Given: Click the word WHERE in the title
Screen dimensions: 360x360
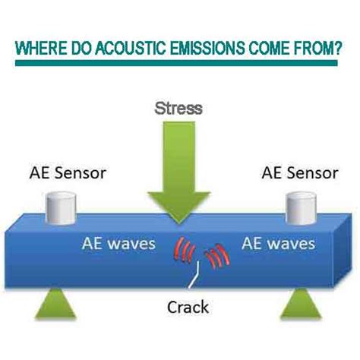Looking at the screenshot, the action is click(41, 48).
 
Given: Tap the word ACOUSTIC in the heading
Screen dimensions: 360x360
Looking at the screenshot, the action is click(131, 48).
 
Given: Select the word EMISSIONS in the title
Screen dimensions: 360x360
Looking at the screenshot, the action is click(207, 48).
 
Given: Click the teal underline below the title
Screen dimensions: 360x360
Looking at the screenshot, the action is click(176, 63).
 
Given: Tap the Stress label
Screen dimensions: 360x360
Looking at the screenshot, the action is click(178, 109).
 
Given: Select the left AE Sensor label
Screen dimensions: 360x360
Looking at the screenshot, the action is click(68, 173).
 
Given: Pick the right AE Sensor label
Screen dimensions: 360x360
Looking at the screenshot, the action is click(300, 173).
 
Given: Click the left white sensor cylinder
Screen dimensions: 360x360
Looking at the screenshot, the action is click(61, 208).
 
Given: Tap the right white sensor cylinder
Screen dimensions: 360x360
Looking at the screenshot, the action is click(302, 208).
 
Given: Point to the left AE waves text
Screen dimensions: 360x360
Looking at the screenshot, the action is click(118, 244).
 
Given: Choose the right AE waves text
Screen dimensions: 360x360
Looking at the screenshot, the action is click(279, 244).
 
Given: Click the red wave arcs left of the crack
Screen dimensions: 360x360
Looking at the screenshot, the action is click(184, 249).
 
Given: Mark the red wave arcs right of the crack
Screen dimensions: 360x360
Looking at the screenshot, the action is click(217, 256).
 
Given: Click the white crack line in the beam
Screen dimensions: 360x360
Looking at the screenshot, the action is click(195, 275).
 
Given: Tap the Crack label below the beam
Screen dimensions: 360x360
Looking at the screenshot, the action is click(188, 307).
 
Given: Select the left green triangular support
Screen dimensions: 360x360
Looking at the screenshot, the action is click(55, 303).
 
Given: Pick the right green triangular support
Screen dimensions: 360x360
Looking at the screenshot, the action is click(301, 303).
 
